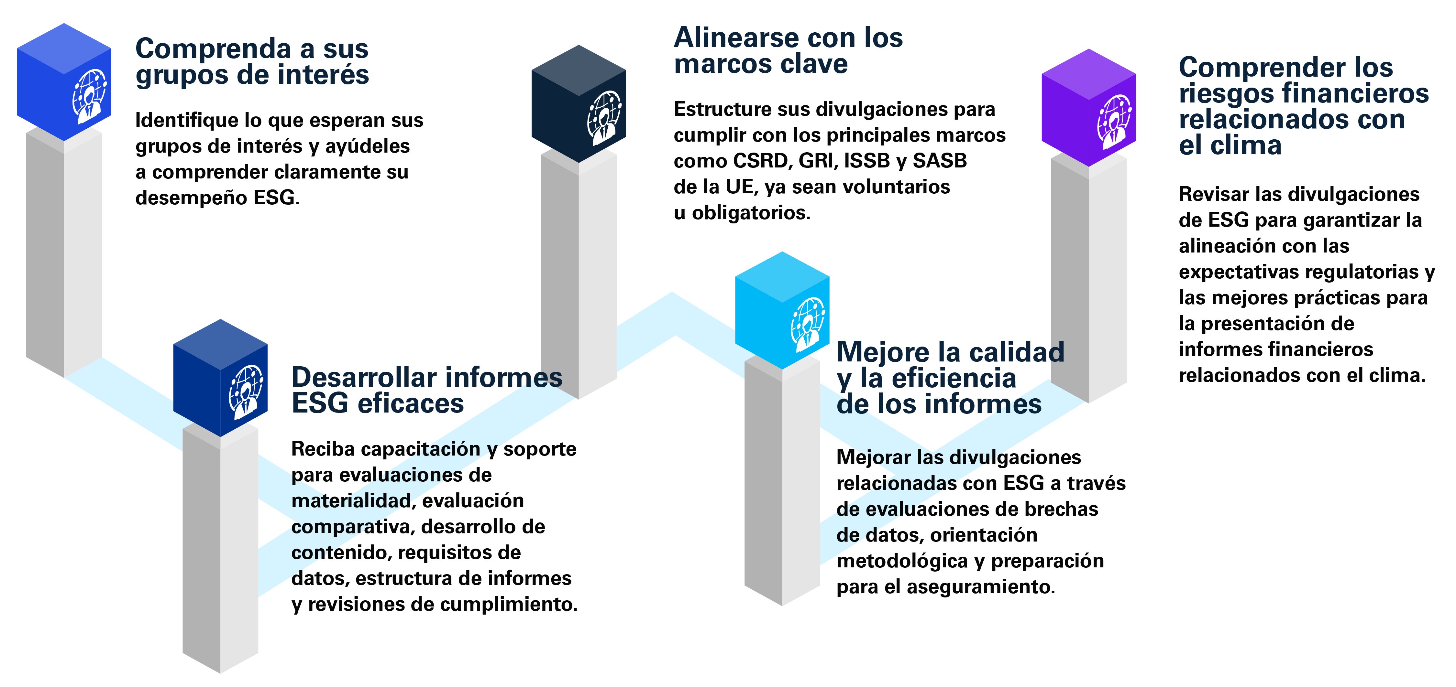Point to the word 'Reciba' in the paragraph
click(322, 449)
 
